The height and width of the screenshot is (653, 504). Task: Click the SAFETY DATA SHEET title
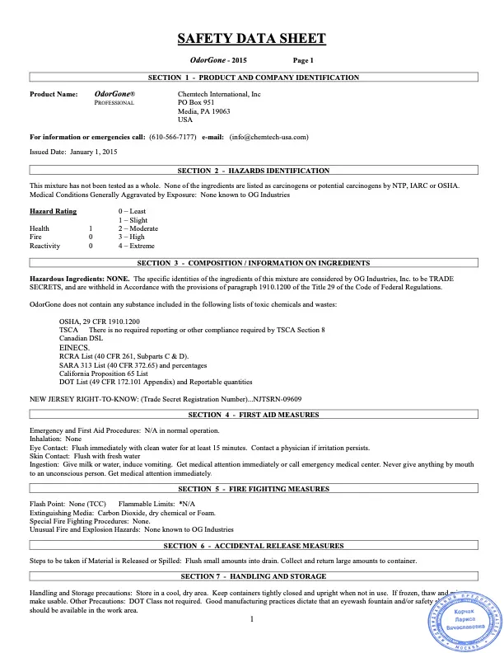tap(252, 39)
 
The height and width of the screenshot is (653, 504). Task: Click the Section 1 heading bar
tap(253, 78)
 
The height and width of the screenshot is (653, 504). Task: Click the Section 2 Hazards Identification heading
tap(253, 170)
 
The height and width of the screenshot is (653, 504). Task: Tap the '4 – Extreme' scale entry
tap(138, 246)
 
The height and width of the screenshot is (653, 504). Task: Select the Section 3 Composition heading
tap(253, 263)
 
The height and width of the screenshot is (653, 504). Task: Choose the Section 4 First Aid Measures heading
tap(253, 415)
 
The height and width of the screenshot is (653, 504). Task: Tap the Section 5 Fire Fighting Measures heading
tap(253, 489)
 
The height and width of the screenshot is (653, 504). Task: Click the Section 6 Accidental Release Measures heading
tap(253, 546)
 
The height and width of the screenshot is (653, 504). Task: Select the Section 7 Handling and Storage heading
tap(253, 575)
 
